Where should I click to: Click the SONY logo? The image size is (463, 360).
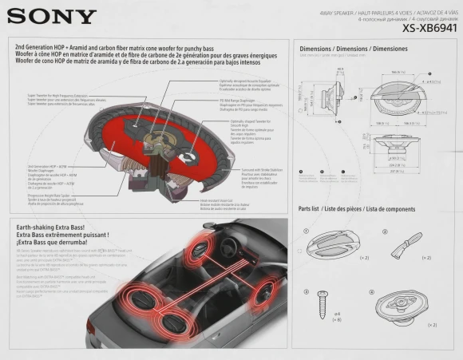click(52, 15)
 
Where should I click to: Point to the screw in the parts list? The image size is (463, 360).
click(323, 303)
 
